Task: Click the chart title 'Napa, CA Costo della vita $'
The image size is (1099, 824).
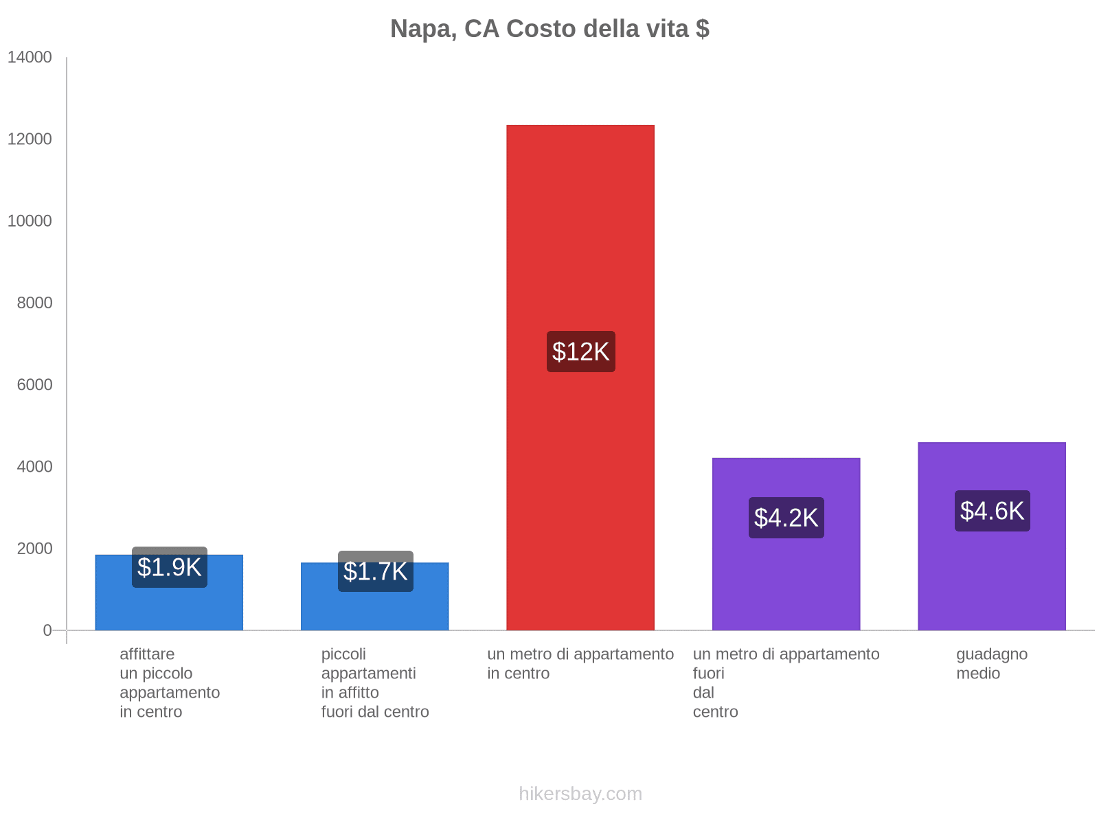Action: (x=549, y=29)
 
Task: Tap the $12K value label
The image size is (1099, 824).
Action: (x=580, y=352)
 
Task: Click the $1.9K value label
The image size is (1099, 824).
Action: (x=169, y=567)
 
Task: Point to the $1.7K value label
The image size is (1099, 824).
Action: (x=375, y=571)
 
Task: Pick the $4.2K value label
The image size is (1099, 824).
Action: (x=786, y=518)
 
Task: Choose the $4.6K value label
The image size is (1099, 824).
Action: (x=992, y=511)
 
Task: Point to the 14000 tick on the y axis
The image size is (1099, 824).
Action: (x=30, y=57)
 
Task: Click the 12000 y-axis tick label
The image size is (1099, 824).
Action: (x=30, y=139)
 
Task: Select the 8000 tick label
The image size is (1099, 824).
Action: (x=34, y=303)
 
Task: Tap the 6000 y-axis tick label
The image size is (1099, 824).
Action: (x=34, y=385)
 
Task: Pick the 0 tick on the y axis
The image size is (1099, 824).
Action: (x=47, y=630)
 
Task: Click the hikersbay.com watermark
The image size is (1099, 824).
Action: (x=580, y=794)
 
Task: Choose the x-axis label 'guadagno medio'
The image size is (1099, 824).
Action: (x=992, y=663)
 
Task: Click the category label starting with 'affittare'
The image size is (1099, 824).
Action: (x=170, y=683)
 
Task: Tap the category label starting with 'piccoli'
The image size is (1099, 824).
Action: (x=375, y=683)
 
